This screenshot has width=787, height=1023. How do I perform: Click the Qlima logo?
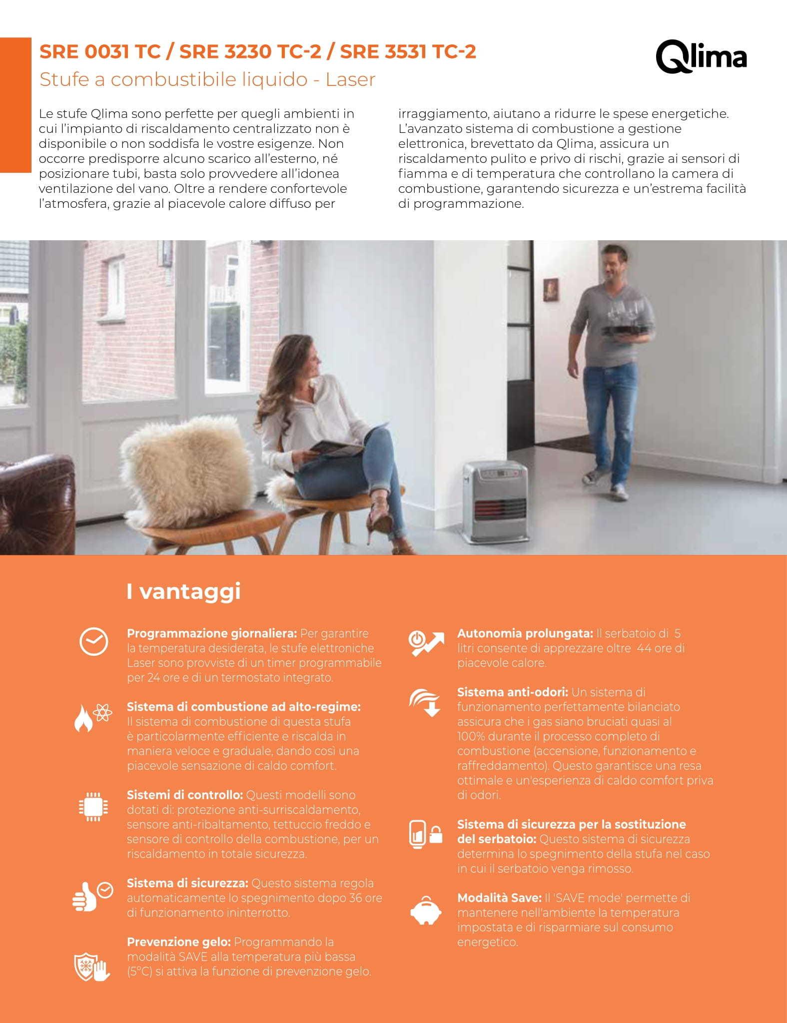[x=701, y=57]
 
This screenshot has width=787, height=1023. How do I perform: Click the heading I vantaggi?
[x=183, y=591]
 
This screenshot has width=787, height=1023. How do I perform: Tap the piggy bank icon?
[x=426, y=912]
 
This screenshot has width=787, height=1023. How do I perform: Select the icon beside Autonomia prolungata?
[x=426, y=643]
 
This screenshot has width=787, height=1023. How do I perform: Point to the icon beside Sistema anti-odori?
[x=425, y=702]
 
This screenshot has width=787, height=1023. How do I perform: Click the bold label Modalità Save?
[x=499, y=898]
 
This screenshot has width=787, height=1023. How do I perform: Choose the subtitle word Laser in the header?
[x=350, y=79]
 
